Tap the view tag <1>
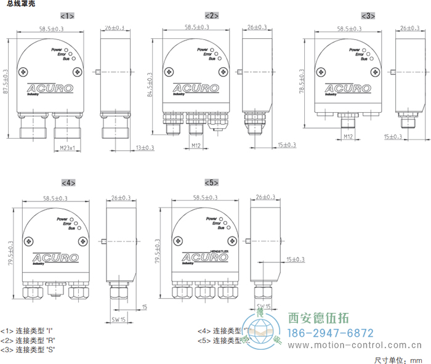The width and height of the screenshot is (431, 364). tap(67, 15)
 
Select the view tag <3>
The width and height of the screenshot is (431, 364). tap(368, 15)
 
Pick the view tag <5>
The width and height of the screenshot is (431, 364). tap(211, 183)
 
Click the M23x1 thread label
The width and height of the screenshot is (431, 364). tap(69, 148)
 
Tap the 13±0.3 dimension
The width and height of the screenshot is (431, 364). tap(145, 148)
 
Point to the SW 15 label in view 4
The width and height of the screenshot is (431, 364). tap(119, 319)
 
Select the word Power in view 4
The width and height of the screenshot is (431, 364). tap(63, 219)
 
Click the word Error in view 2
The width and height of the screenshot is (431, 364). tap(201, 54)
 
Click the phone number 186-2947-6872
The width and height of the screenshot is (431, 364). tap(331, 333)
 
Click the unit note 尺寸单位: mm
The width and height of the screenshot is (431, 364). tap(398, 359)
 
